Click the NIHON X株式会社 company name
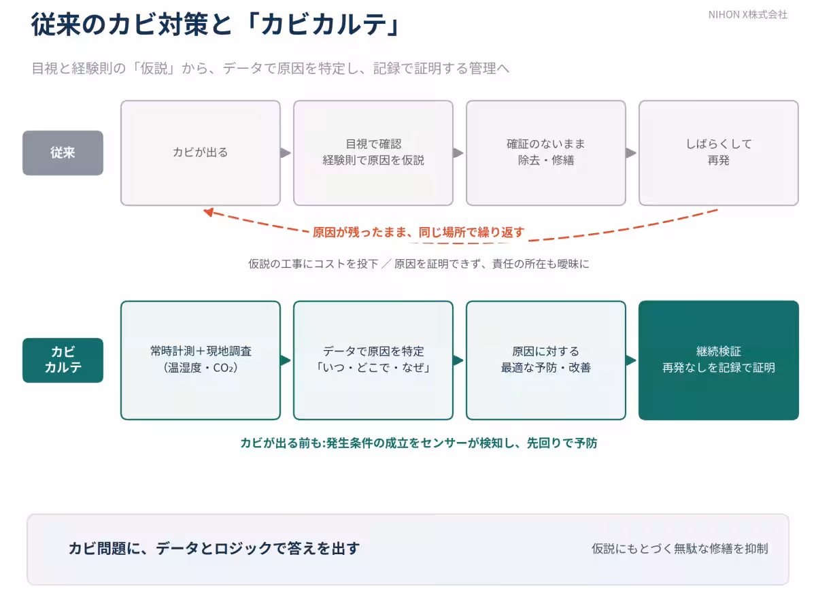[x=747, y=15]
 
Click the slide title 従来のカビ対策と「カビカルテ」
[x=216, y=24]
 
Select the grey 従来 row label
[x=63, y=153]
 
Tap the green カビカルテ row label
[x=63, y=360]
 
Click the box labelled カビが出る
[x=201, y=153]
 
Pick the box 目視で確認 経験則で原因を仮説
[x=373, y=153]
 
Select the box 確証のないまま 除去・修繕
[x=546, y=153]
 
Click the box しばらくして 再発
[x=719, y=153]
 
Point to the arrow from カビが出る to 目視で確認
[x=286, y=153]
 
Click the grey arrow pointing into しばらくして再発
[x=631, y=153]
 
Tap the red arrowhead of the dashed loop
[x=209, y=212]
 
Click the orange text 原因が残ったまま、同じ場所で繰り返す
[x=418, y=233]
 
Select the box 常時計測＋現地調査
[x=201, y=360]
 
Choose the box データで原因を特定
[x=373, y=360]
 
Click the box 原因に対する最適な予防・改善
[x=546, y=360]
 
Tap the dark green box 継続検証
[x=719, y=360]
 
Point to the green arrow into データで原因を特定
[x=286, y=360]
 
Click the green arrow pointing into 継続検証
[x=631, y=360]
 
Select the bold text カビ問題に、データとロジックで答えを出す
[x=214, y=549]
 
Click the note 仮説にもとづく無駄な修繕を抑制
[x=679, y=549]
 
